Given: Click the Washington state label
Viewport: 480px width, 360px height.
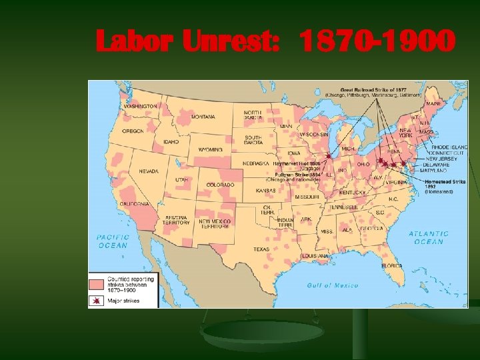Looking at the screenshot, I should pyautogui.click(x=140, y=106).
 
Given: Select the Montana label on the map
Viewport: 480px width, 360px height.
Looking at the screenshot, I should pyautogui.click(x=203, y=117).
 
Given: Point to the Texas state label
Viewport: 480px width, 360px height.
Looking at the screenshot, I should pyautogui.click(x=261, y=249).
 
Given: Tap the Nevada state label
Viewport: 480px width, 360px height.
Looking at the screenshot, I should pyautogui.click(x=149, y=171).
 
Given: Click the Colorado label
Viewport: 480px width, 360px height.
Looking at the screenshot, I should pyautogui.click(x=220, y=185).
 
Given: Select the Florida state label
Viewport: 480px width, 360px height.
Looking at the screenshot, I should pyautogui.click(x=392, y=265).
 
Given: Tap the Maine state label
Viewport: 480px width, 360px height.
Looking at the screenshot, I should pyautogui.click(x=433, y=104).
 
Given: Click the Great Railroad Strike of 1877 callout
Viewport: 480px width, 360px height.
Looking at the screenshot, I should pyautogui.click(x=373, y=91).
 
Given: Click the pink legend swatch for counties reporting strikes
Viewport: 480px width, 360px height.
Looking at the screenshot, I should pyautogui.click(x=97, y=283).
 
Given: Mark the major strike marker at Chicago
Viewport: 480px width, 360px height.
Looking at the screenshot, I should pyautogui.click(x=327, y=156).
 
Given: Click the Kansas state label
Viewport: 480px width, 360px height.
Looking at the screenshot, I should pyautogui.click(x=266, y=191).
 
